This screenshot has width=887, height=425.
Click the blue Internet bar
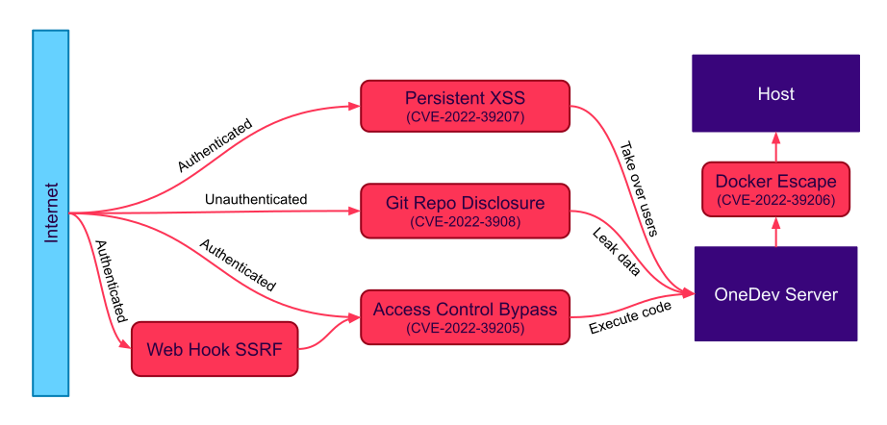51,212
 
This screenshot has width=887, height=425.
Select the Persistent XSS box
465,106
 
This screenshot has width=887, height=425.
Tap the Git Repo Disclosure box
465,212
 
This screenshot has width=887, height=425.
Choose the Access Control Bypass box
465,317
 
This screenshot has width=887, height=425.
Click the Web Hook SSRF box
214,347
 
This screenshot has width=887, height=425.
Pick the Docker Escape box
775,189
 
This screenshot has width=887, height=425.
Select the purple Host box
775,93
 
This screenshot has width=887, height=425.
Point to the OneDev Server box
775,294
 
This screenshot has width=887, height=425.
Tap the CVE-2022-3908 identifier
465,222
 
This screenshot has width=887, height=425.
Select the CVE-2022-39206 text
775,201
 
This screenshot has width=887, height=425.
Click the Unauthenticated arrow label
256,199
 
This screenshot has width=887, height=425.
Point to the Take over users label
637,189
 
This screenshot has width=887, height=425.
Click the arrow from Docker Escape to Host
775,147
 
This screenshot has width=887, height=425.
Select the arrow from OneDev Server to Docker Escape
775,233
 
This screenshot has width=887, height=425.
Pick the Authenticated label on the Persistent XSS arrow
215,145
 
